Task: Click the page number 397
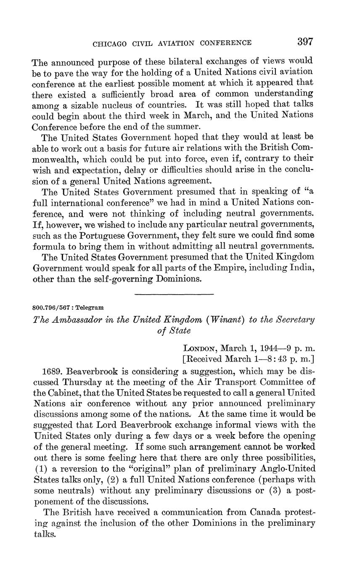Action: (x=305, y=42)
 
